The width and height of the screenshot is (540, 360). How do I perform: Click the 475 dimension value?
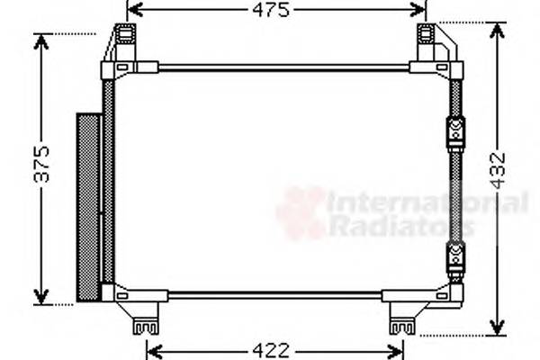[x=271, y=11]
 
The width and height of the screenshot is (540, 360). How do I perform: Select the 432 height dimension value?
[x=498, y=172]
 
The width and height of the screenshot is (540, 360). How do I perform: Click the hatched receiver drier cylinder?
[x=88, y=207]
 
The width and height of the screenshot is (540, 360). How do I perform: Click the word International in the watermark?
[x=427, y=203]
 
